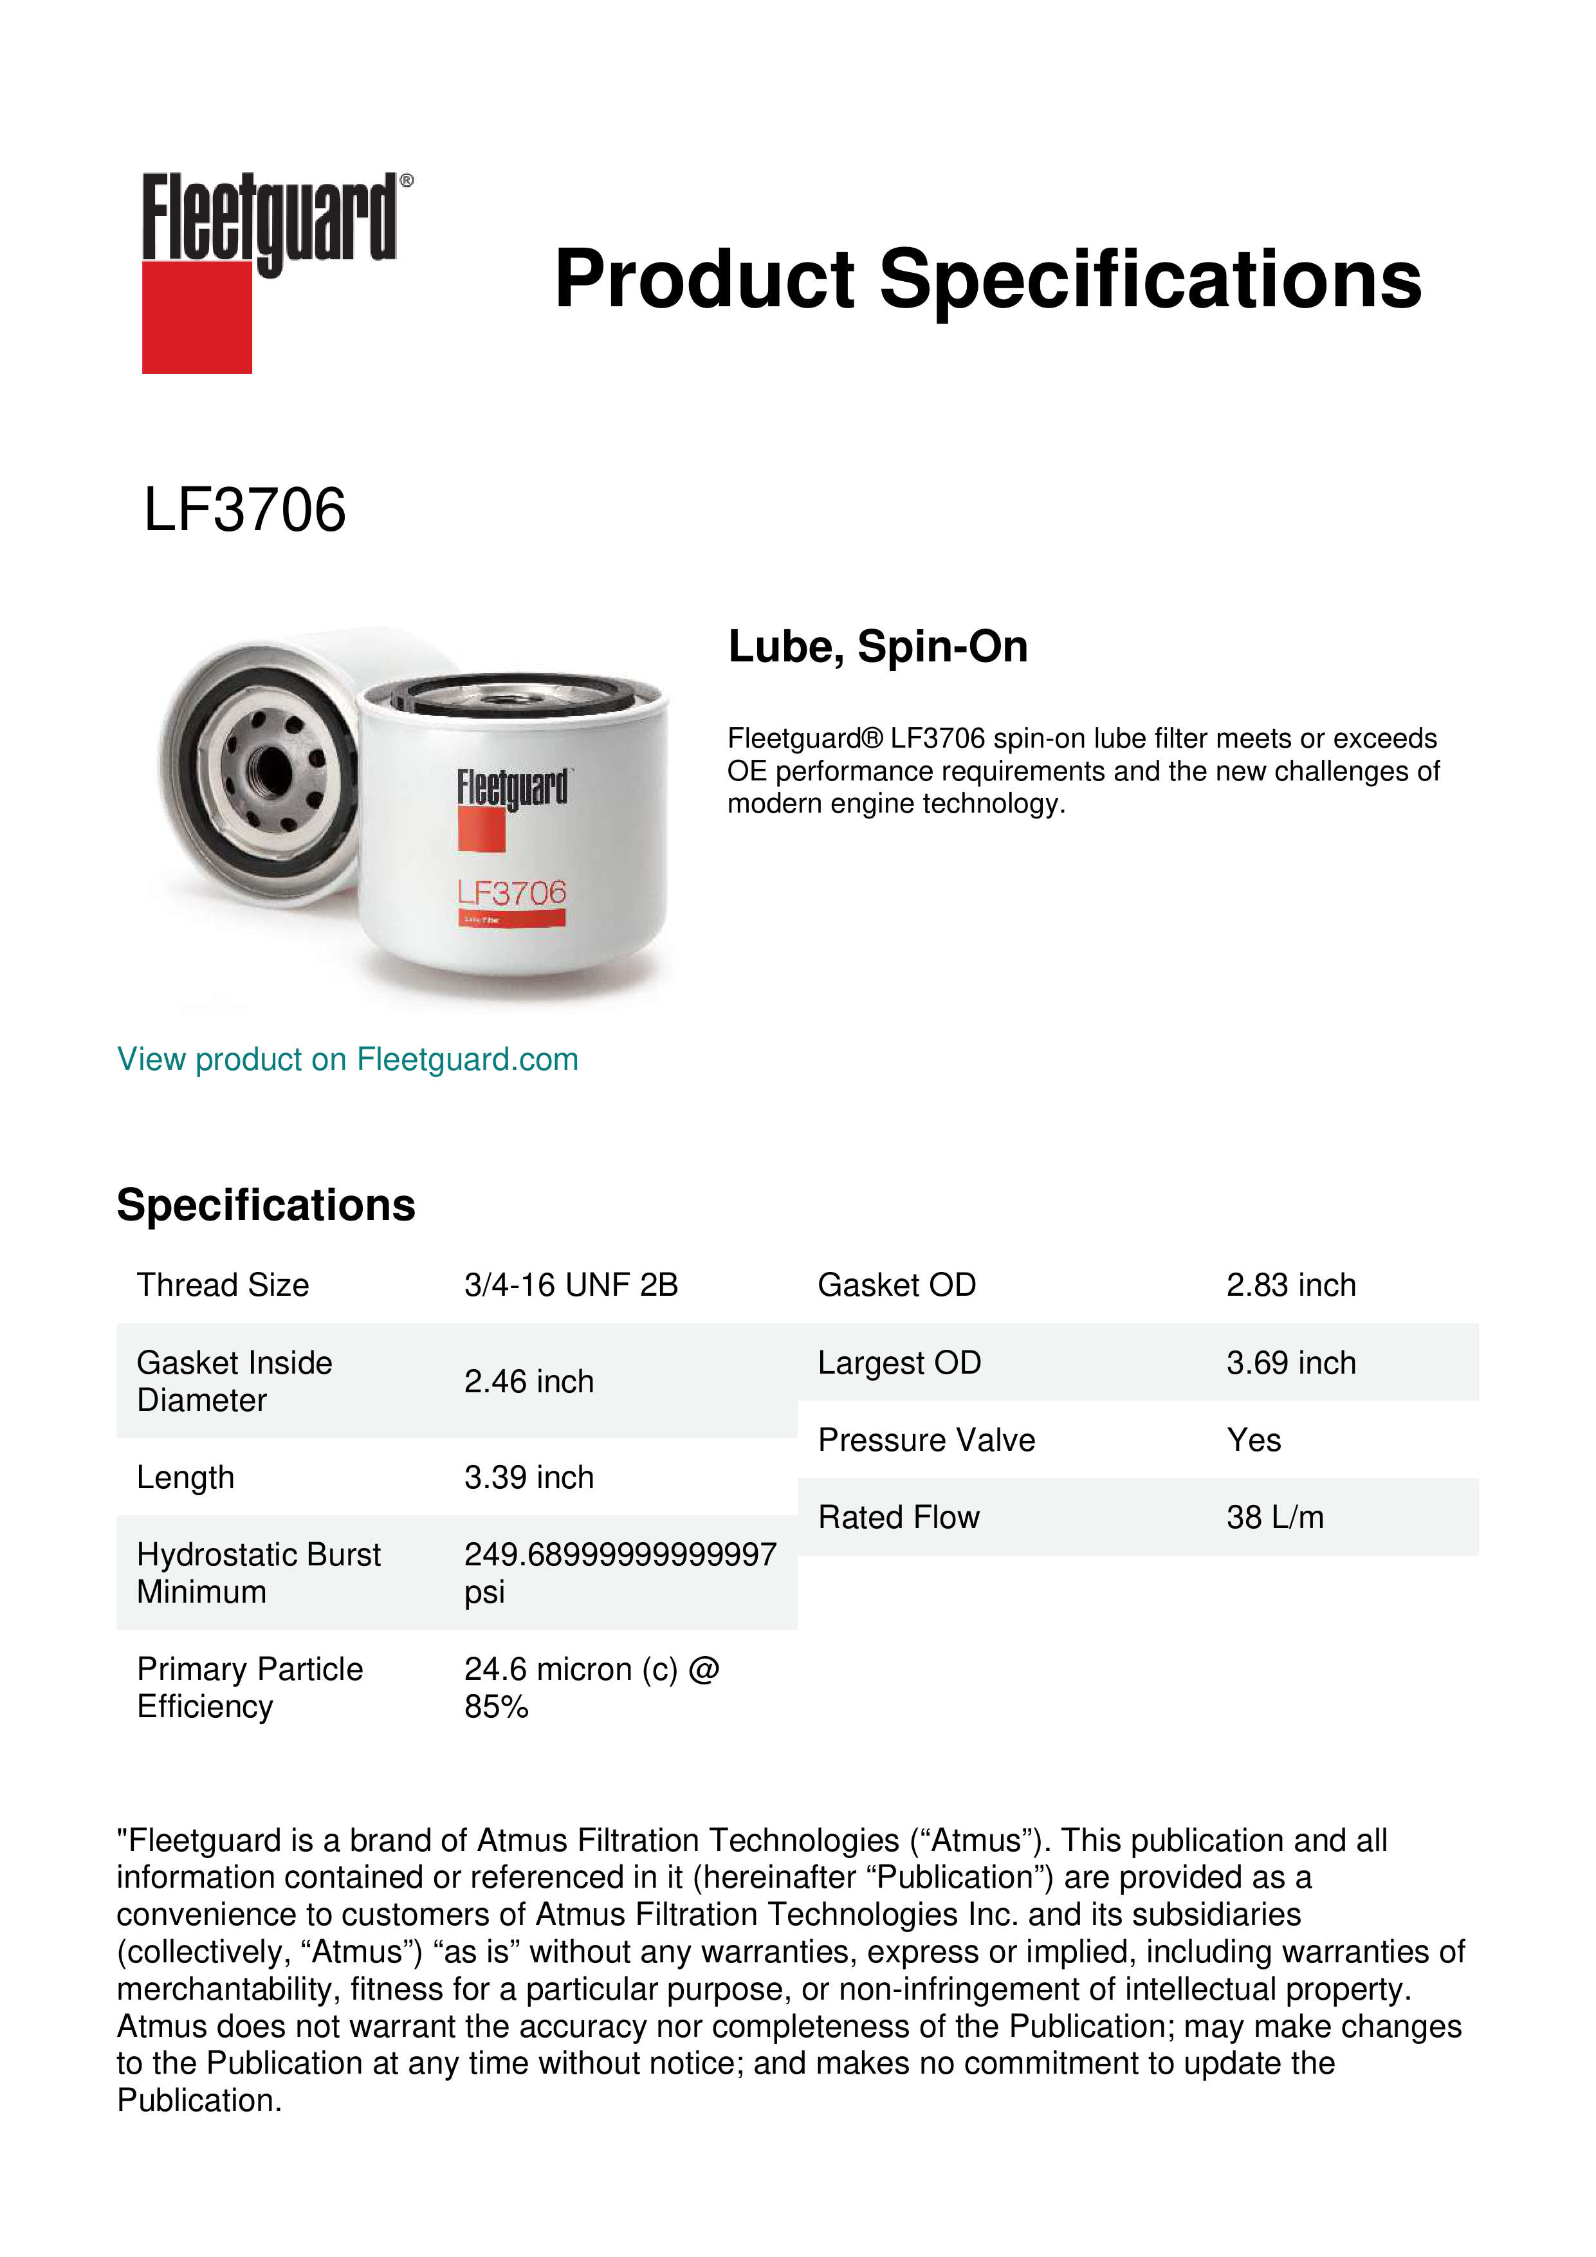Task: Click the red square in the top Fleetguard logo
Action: coord(197,317)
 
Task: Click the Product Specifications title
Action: coord(987,279)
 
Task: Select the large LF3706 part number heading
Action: coord(244,510)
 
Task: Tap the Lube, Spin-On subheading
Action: coord(877,647)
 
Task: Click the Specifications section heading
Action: coord(265,1205)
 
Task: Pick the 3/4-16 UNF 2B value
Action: coord(571,1285)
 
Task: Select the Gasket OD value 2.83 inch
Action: coord(1290,1285)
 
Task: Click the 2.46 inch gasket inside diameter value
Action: coord(529,1381)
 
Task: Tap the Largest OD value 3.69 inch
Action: coord(1290,1363)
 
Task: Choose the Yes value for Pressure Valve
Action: coord(1253,1440)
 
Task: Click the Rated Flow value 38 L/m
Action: coord(1274,1518)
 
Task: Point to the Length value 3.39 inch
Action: coord(529,1477)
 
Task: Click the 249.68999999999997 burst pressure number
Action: coord(620,1554)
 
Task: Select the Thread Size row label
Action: coord(223,1285)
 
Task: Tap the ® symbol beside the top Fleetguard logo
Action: coord(407,181)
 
